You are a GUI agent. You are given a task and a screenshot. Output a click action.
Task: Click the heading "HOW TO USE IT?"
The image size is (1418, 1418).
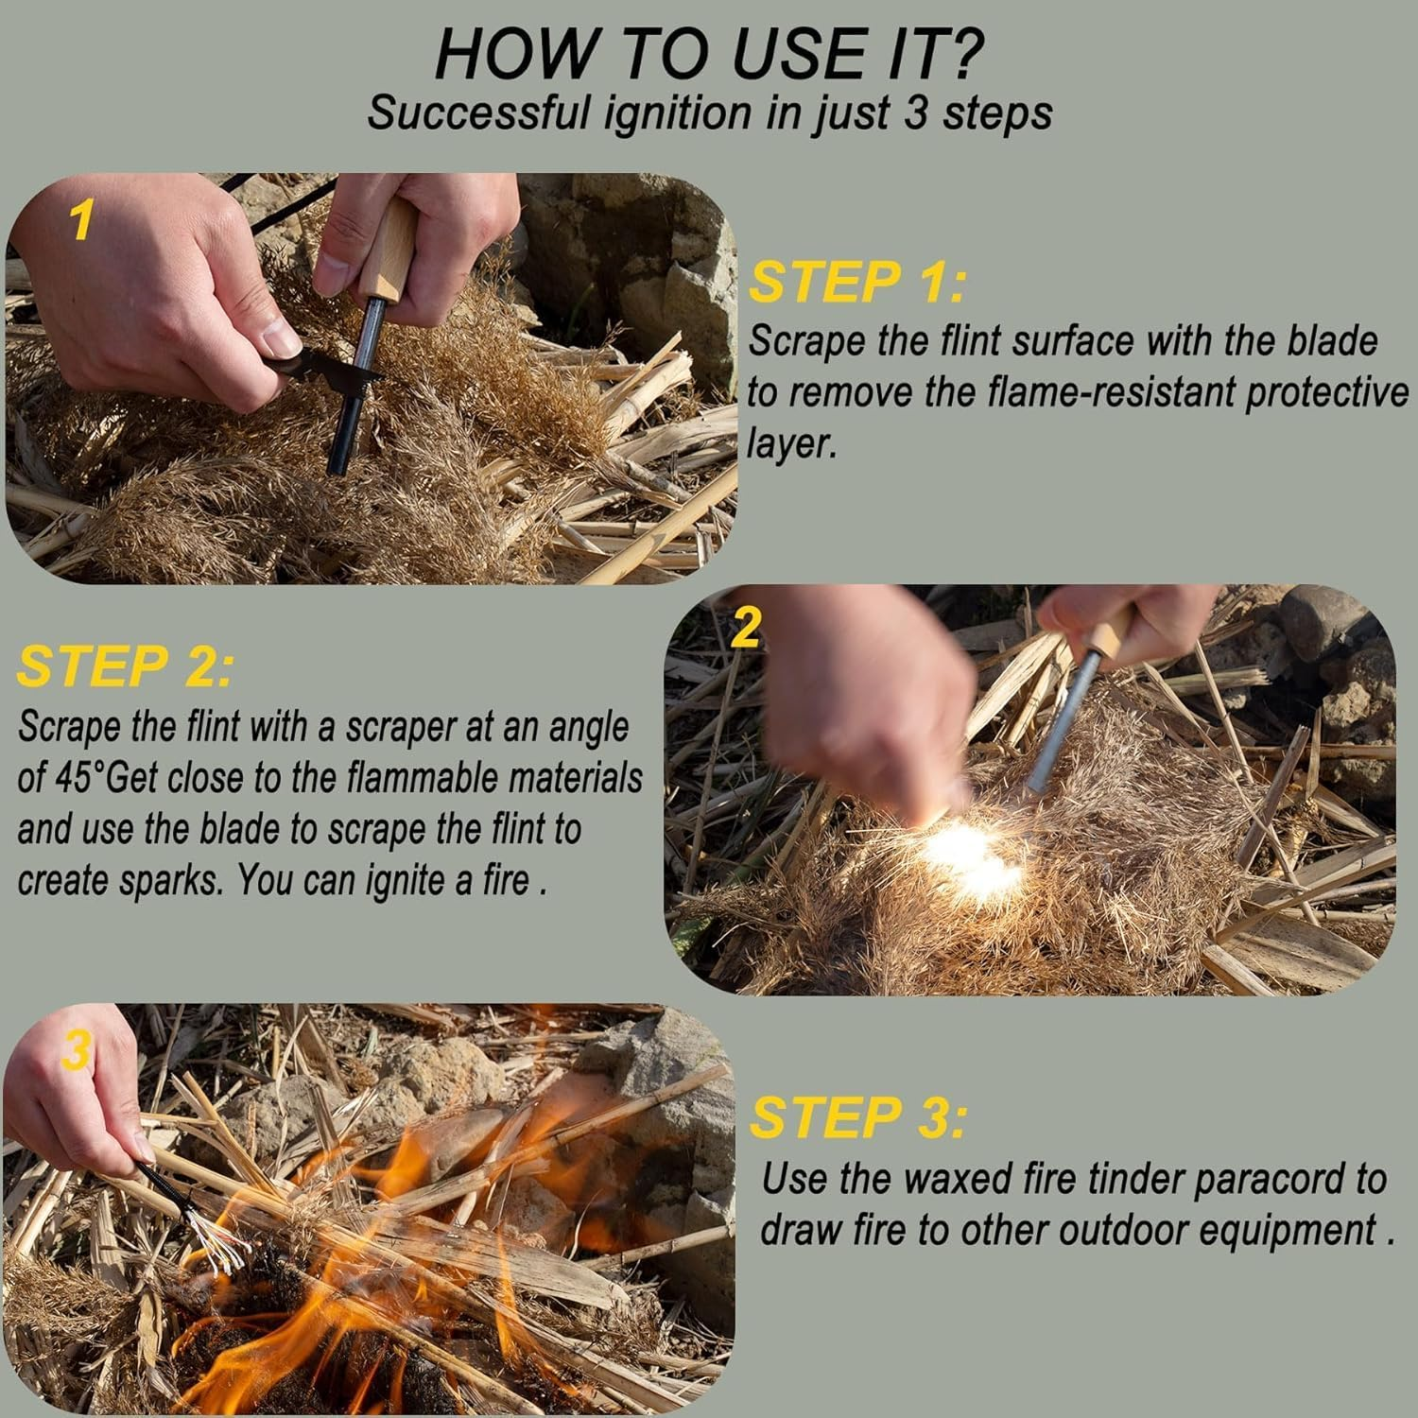click(709, 54)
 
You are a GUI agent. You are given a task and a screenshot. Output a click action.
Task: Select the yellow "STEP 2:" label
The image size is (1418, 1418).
click(124, 666)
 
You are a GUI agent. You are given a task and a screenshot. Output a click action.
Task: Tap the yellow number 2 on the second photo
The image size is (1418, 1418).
click(746, 627)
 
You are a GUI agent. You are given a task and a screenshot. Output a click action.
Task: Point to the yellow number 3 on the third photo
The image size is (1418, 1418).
click(77, 1051)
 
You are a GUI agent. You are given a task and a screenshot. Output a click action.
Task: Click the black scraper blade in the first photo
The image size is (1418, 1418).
click(317, 372)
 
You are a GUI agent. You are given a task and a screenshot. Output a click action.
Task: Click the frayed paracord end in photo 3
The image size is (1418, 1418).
click(213, 1238)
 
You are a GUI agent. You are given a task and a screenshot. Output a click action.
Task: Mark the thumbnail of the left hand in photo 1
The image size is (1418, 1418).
click(281, 336)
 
